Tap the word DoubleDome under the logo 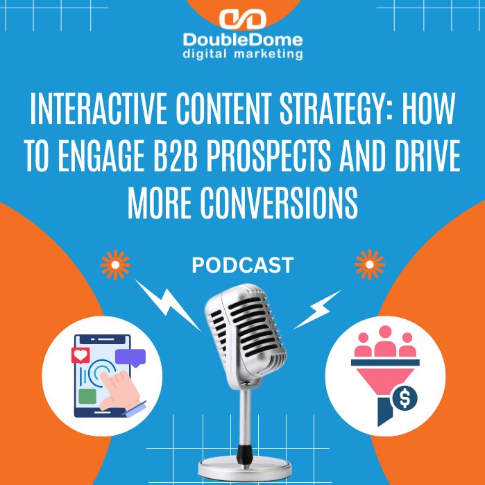242,40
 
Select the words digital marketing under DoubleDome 242,53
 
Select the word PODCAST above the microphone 243,264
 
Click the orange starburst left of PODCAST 115,265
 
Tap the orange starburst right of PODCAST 369,265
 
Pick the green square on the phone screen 87,396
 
